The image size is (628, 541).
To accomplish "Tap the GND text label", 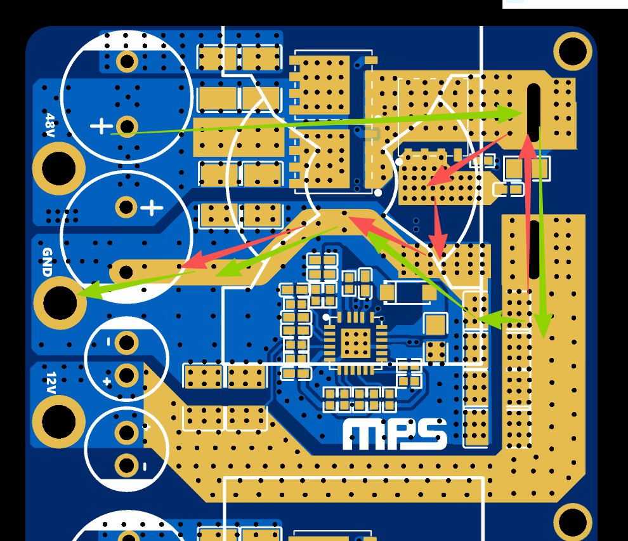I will point(47,262).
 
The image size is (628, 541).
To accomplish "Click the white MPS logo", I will point(395,434).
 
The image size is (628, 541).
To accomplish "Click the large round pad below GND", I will point(60,303).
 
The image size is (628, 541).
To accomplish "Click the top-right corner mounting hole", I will point(572,51).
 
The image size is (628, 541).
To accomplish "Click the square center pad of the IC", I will point(356,344).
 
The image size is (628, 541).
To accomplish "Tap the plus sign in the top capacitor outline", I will point(101,126).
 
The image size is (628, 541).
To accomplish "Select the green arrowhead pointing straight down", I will point(542,328).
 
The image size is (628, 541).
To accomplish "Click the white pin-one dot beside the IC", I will point(326,317).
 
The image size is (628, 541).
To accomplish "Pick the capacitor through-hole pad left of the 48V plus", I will point(127,126).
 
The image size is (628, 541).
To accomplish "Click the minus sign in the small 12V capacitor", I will point(108,342).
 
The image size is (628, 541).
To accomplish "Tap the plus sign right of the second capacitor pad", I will point(152,207).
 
